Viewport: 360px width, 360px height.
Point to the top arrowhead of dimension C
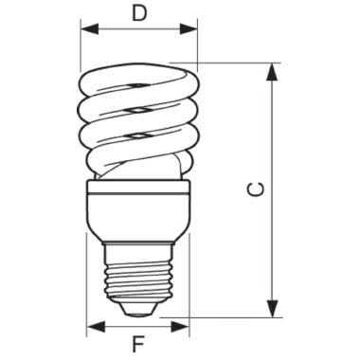(275, 69)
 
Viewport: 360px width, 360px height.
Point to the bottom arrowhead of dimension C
(275, 310)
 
